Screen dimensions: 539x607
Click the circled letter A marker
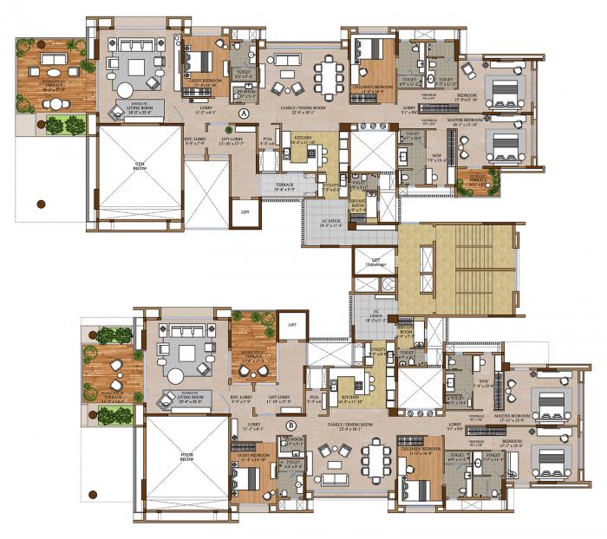coord(244,114)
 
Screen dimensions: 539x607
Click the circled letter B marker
coord(291,425)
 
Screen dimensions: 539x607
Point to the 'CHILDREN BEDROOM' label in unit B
coord(420,451)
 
